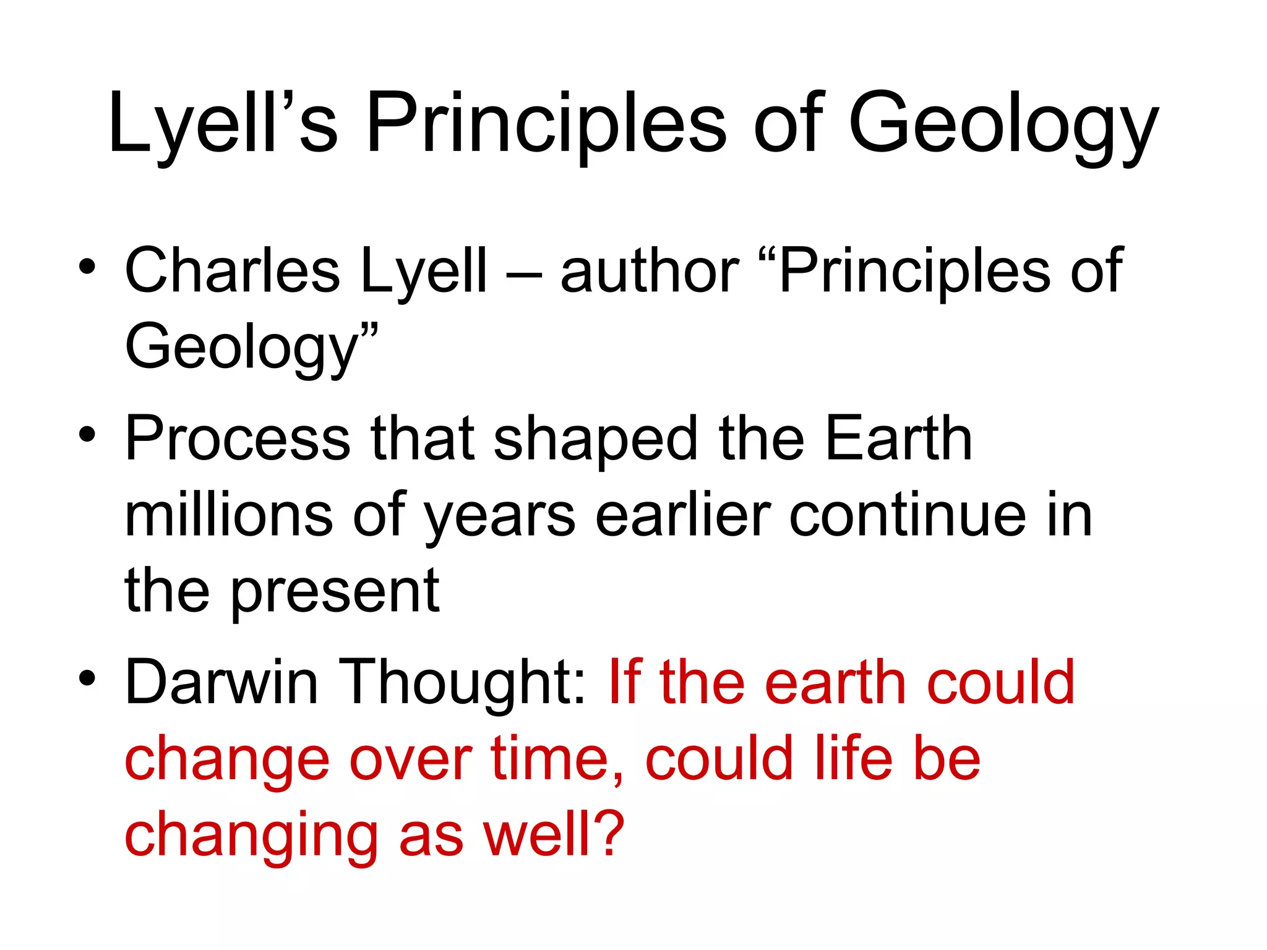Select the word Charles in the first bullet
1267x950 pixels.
tap(232, 270)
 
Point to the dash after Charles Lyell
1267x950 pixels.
tap(523, 275)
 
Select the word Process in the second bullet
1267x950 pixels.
tap(238, 439)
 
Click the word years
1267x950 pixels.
tap(500, 520)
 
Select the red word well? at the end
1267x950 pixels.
tap(554, 834)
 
